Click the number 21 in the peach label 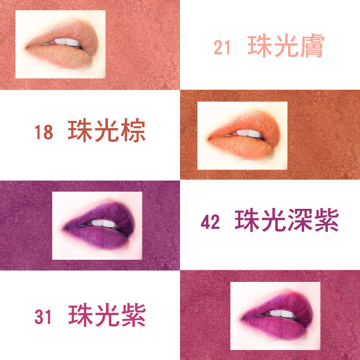tap(222, 47)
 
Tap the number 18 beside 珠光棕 tap(44, 132)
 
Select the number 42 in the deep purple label tap(210, 222)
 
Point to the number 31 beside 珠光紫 tap(43, 317)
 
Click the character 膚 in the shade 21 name tap(312, 46)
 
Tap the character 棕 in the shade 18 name tap(133, 130)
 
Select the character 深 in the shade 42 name tap(300, 220)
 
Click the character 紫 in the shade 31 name tap(133, 315)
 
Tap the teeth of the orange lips tap(249, 133)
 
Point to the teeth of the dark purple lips tap(104, 223)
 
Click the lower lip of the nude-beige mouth tap(61, 55)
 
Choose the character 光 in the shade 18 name tap(106, 130)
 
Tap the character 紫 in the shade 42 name tap(326, 220)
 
